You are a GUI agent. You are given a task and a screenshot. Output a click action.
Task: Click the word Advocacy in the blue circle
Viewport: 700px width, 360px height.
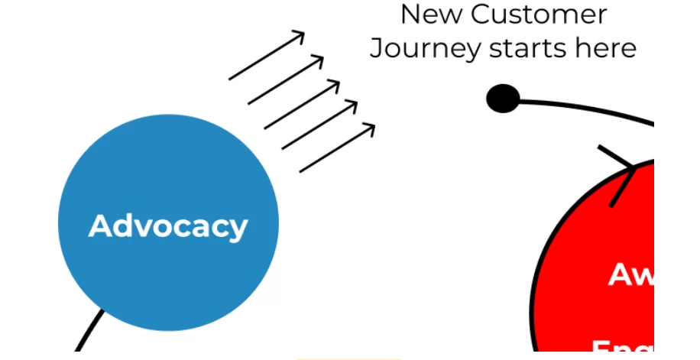[168, 226]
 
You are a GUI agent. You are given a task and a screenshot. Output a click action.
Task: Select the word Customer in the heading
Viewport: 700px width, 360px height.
[539, 14]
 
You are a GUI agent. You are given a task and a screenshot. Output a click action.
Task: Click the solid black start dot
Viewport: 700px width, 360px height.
[503, 99]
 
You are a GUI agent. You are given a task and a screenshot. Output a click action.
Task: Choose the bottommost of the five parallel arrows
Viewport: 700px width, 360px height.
[336, 148]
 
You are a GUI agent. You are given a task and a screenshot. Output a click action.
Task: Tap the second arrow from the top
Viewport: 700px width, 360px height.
[285, 80]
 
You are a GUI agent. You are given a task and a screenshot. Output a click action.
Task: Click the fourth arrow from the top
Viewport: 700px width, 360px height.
[319, 125]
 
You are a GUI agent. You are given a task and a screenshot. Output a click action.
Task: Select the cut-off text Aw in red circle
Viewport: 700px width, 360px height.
[631, 274]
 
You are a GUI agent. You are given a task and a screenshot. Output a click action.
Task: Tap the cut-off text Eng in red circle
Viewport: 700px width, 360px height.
[623, 349]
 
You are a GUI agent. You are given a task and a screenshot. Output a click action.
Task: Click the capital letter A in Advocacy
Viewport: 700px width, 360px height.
[101, 226]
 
